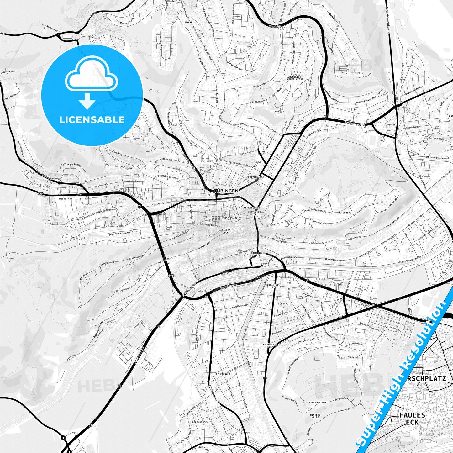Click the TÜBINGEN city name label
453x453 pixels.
coord(226,191)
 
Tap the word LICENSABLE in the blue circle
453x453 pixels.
coord(92,120)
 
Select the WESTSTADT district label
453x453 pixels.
coord(65,198)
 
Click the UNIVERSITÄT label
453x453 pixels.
coord(256,177)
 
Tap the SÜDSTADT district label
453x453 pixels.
coord(275,304)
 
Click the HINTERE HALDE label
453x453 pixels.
coord(315,416)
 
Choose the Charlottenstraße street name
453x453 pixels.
coord(167,176)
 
